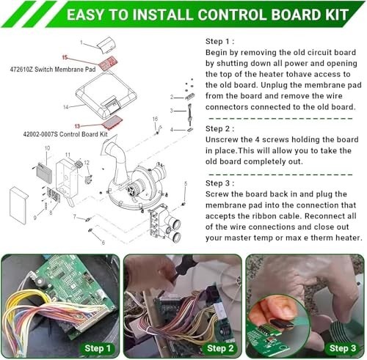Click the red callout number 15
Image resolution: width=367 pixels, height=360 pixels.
tap(65, 56)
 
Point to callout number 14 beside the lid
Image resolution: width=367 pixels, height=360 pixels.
tap(65, 107)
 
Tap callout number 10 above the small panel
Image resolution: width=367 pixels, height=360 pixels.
tap(47, 148)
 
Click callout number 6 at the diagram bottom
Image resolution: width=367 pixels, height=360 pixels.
tap(103, 242)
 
